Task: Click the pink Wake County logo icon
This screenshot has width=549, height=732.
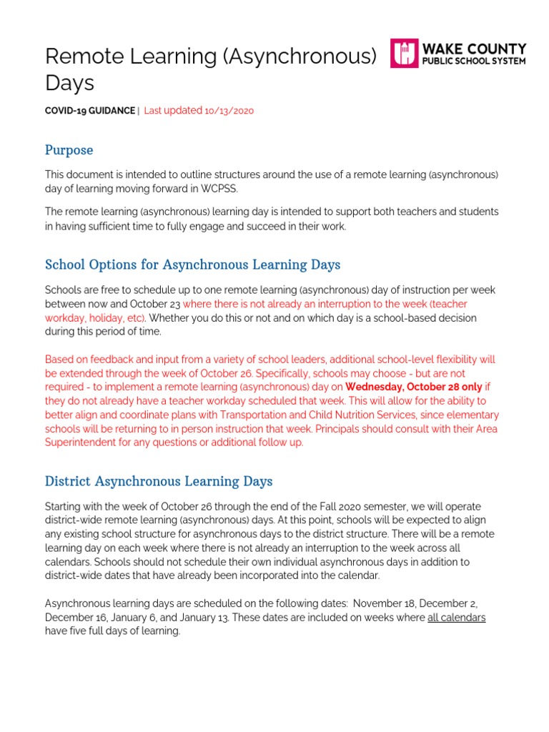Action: pos(404,54)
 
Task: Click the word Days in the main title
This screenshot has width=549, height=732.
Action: pos(69,83)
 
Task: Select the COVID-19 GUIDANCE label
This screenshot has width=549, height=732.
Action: pos(89,111)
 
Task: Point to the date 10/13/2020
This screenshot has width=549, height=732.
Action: pos(229,111)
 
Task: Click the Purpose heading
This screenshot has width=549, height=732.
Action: pos(69,150)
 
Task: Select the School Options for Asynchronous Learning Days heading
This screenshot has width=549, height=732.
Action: pos(192,264)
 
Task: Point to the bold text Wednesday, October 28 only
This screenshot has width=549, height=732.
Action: pos(415,387)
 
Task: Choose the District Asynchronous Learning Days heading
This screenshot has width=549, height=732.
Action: pos(159,481)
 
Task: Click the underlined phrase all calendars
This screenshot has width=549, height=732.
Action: pos(456,618)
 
